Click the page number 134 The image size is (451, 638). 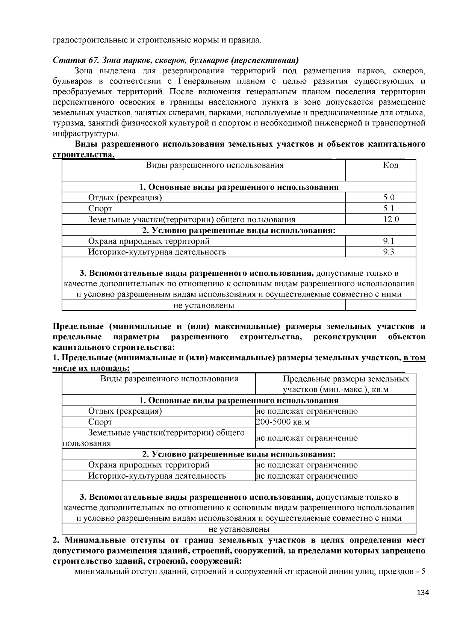point(423,593)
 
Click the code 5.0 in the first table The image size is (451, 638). point(389,198)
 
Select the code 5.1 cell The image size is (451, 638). point(389,209)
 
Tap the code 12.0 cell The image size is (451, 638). point(391,219)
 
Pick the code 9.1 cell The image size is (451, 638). point(389,241)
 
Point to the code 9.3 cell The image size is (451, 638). point(389,252)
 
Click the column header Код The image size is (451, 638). point(390,165)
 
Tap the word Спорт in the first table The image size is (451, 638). point(100,209)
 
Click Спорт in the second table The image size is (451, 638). point(100,422)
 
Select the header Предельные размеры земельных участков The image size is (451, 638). point(346,384)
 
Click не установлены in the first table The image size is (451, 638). point(204,305)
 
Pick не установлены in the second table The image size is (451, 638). point(239,529)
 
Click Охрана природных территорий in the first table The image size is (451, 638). point(149,241)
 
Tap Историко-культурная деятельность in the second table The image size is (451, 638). point(157,476)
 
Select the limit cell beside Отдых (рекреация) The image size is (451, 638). point(307,411)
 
